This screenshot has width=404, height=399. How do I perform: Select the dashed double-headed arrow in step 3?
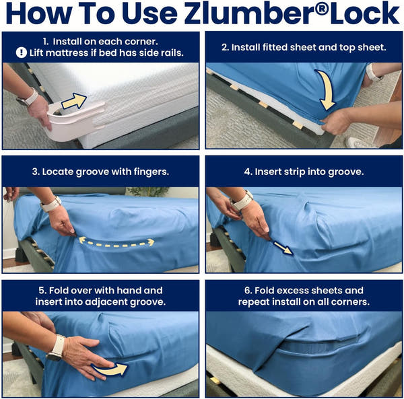point(116,241)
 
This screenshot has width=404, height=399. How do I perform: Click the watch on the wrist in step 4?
point(243,200)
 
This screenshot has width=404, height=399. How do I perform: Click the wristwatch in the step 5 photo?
point(56,347)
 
